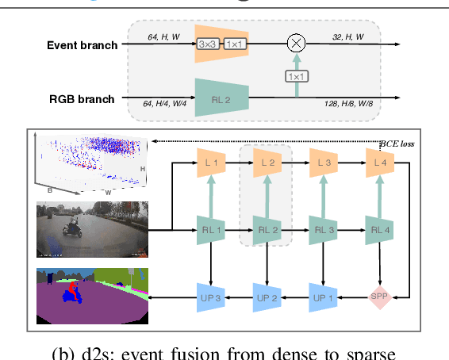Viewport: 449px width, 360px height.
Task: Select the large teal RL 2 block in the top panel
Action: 223,98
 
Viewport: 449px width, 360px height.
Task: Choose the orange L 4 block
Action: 378,163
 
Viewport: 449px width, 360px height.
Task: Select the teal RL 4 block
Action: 378,231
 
